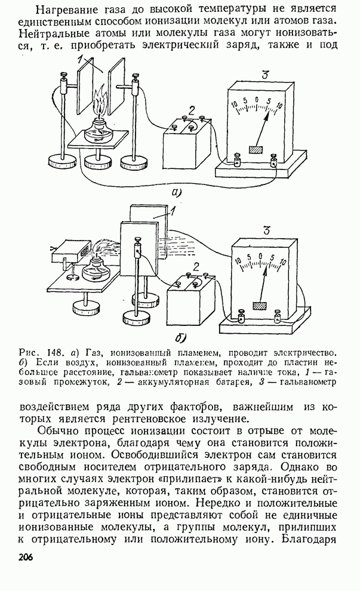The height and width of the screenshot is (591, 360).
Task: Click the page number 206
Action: pos(25,558)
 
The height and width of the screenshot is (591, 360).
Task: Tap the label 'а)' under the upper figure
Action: pos(176,192)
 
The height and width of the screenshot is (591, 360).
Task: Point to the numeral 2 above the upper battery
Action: pos(191,109)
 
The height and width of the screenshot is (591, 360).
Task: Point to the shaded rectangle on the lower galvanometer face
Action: pos(260,306)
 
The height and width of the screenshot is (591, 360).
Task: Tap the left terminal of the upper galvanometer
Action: pos(237,159)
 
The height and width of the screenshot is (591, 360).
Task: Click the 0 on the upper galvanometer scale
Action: pos(257,100)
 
